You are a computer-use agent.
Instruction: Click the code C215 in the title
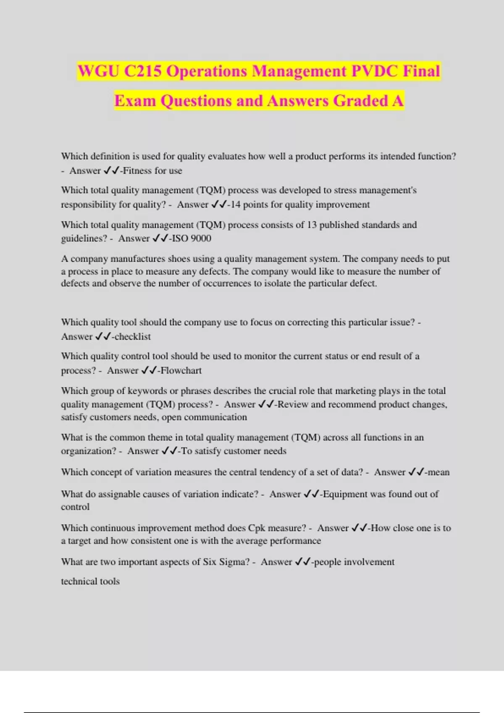(143, 71)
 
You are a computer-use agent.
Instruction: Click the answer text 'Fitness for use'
(152, 171)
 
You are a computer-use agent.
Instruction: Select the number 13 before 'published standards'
(312, 225)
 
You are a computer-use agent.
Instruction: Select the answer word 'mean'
(438, 472)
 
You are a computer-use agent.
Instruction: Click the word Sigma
(234, 562)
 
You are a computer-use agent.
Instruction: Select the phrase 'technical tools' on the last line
(90, 581)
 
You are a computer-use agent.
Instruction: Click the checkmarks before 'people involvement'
(302, 562)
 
